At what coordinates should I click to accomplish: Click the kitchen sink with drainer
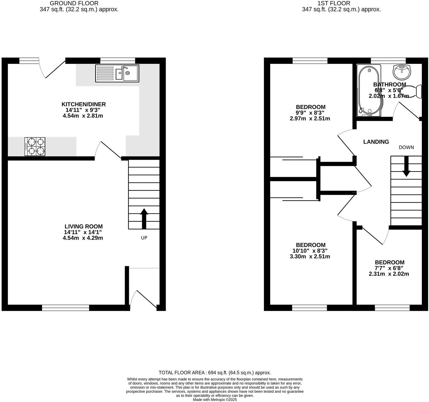pos(117,74)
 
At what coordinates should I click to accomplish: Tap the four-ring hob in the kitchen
pos(35,147)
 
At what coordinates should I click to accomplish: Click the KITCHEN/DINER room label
pos(83,104)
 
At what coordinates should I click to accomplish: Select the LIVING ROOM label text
pos(83,226)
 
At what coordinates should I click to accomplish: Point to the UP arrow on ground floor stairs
pos(144,218)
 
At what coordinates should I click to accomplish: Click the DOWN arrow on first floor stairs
pos(406,166)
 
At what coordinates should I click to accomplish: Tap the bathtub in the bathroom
pos(368,91)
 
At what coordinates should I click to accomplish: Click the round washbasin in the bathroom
pos(402,71)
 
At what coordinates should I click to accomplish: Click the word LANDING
pos(376,142)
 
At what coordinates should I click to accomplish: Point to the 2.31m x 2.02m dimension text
pos(389,274)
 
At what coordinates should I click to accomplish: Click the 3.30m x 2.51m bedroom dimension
pos(310,257)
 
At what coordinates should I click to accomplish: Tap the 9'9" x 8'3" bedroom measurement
pos(310,113)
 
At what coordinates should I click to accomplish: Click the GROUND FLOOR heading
pos(74,3)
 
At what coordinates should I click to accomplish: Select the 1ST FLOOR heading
pos(333,3)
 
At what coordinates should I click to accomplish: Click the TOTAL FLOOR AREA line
pos(215,372)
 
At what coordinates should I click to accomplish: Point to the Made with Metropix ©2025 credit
pos(215,400)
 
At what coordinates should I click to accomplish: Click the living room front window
pos(66,308)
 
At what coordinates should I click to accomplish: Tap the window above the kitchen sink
pos(118,61)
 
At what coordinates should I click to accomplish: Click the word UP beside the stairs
pos(144,238)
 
